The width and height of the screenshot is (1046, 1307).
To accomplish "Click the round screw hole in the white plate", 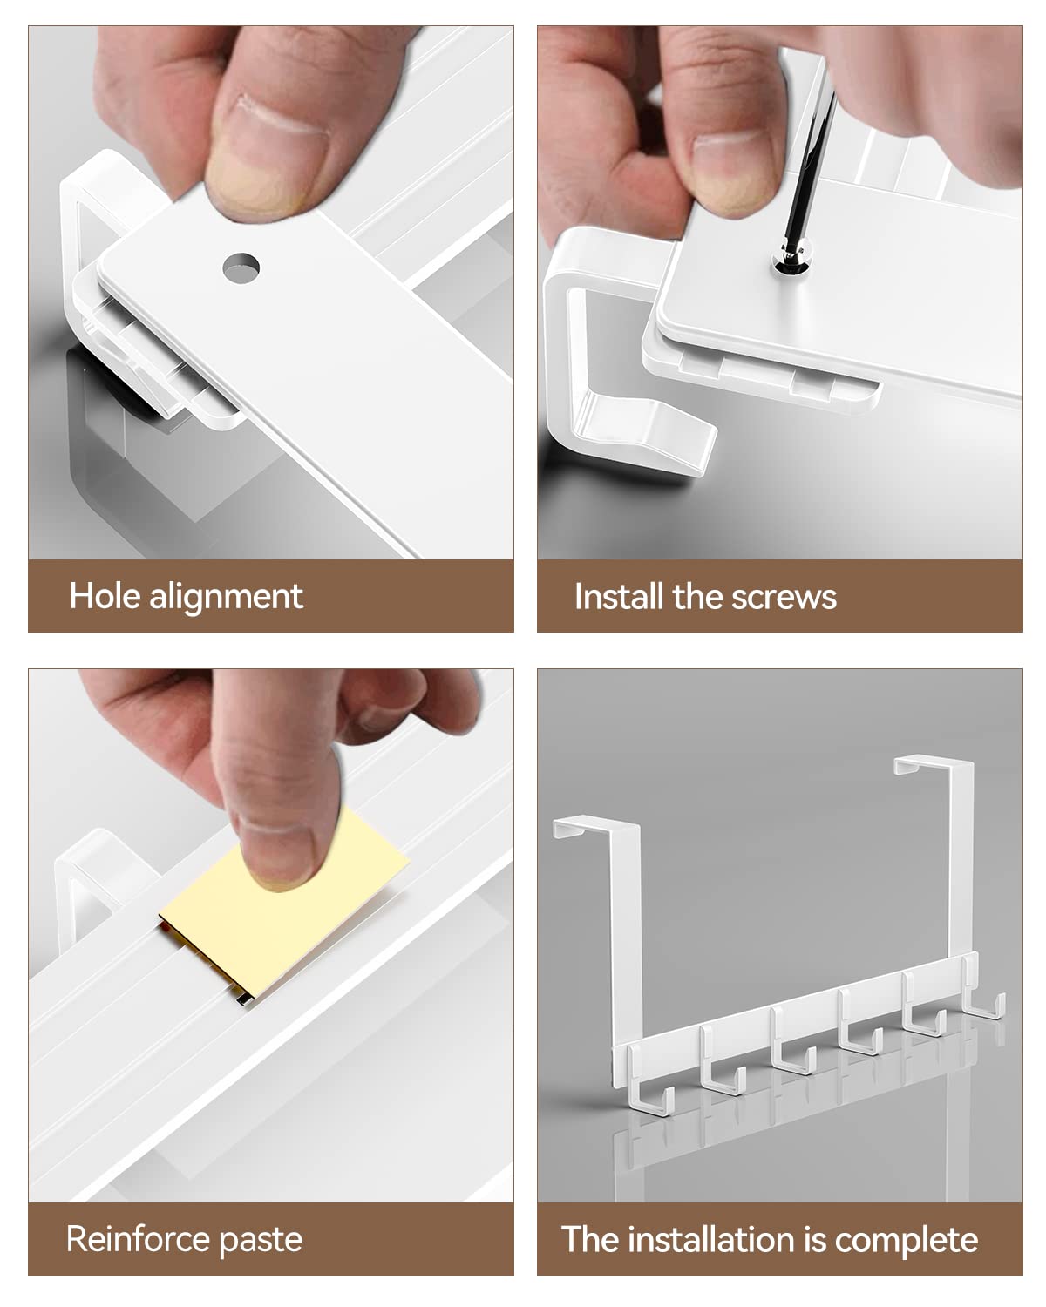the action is [x=241, y=267].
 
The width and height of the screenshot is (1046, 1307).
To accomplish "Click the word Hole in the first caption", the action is [x=105, y=596].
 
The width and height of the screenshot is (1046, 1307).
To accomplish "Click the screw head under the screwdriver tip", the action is [x=791, y=258].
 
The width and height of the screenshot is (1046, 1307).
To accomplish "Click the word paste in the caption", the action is [x=260, y=1242].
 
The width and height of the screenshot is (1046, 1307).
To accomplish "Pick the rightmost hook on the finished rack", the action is [x=983, y=992].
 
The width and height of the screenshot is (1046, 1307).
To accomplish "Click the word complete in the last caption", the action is [x=907, y=1240].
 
